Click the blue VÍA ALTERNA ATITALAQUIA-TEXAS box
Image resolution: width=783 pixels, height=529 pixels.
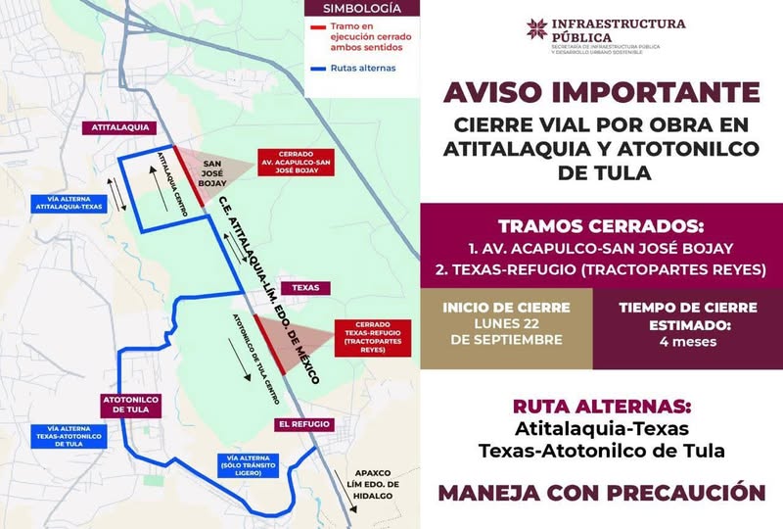click(66, 204)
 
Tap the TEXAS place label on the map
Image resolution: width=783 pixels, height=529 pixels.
click(299, 288)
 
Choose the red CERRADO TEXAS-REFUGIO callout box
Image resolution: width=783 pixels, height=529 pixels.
click(371, 336)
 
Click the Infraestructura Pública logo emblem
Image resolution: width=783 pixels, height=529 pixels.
click(537, 30)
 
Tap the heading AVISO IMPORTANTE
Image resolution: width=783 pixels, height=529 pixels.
click(601, 95)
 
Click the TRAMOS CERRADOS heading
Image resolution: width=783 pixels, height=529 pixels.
click(601, 224)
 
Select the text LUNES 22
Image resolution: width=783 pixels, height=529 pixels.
click(505, 324)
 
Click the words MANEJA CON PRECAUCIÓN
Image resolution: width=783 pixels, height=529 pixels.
click(601, 491)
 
